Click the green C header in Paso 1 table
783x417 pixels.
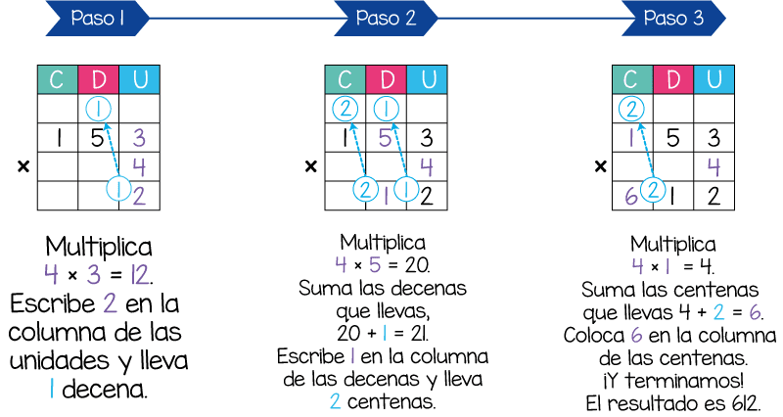[58, 79]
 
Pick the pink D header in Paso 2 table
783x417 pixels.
[387, 79]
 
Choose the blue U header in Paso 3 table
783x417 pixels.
[714, 79]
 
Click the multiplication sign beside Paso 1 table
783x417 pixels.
[23, 167]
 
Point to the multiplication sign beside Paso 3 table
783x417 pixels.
[598, 167]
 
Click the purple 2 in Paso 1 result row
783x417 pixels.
[138, 196]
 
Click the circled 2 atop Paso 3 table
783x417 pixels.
[633, 109]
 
